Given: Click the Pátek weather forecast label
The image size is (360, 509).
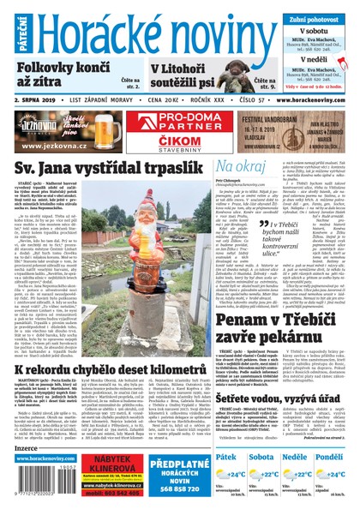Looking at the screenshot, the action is [225, 458].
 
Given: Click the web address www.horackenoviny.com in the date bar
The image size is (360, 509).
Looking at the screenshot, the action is [309, 99].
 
